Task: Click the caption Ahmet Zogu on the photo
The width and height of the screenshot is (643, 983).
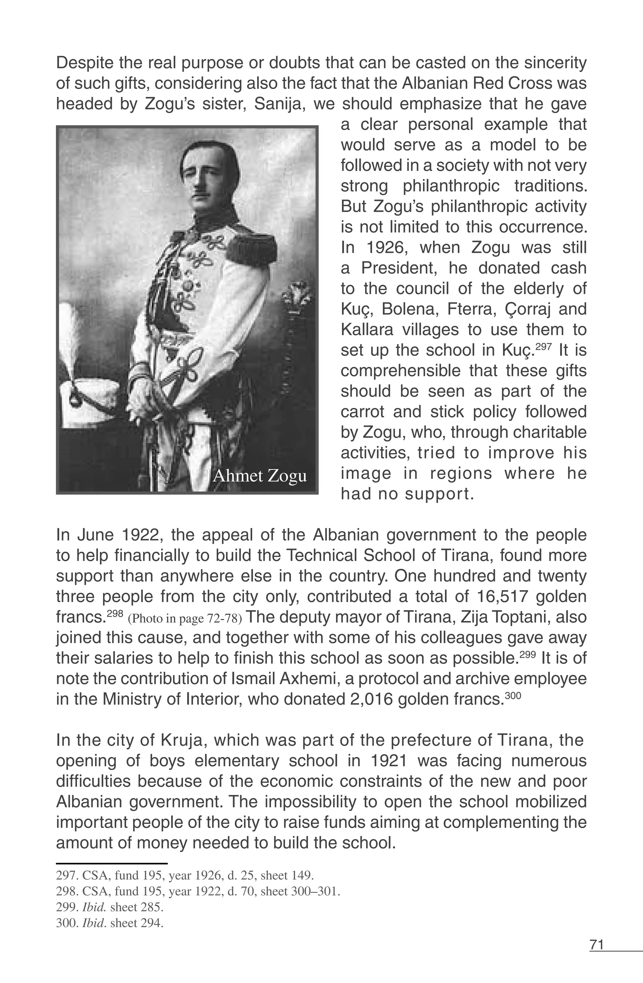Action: pyautogui.click(x=259, y=476)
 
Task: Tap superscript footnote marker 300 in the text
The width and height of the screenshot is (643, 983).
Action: pyautogui.click(x=513, y=695)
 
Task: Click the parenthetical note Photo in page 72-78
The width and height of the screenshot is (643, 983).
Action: pyautogui.click(x=185, y=618)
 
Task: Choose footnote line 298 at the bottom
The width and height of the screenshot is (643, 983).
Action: pyautogui.click(x=198, y=891)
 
